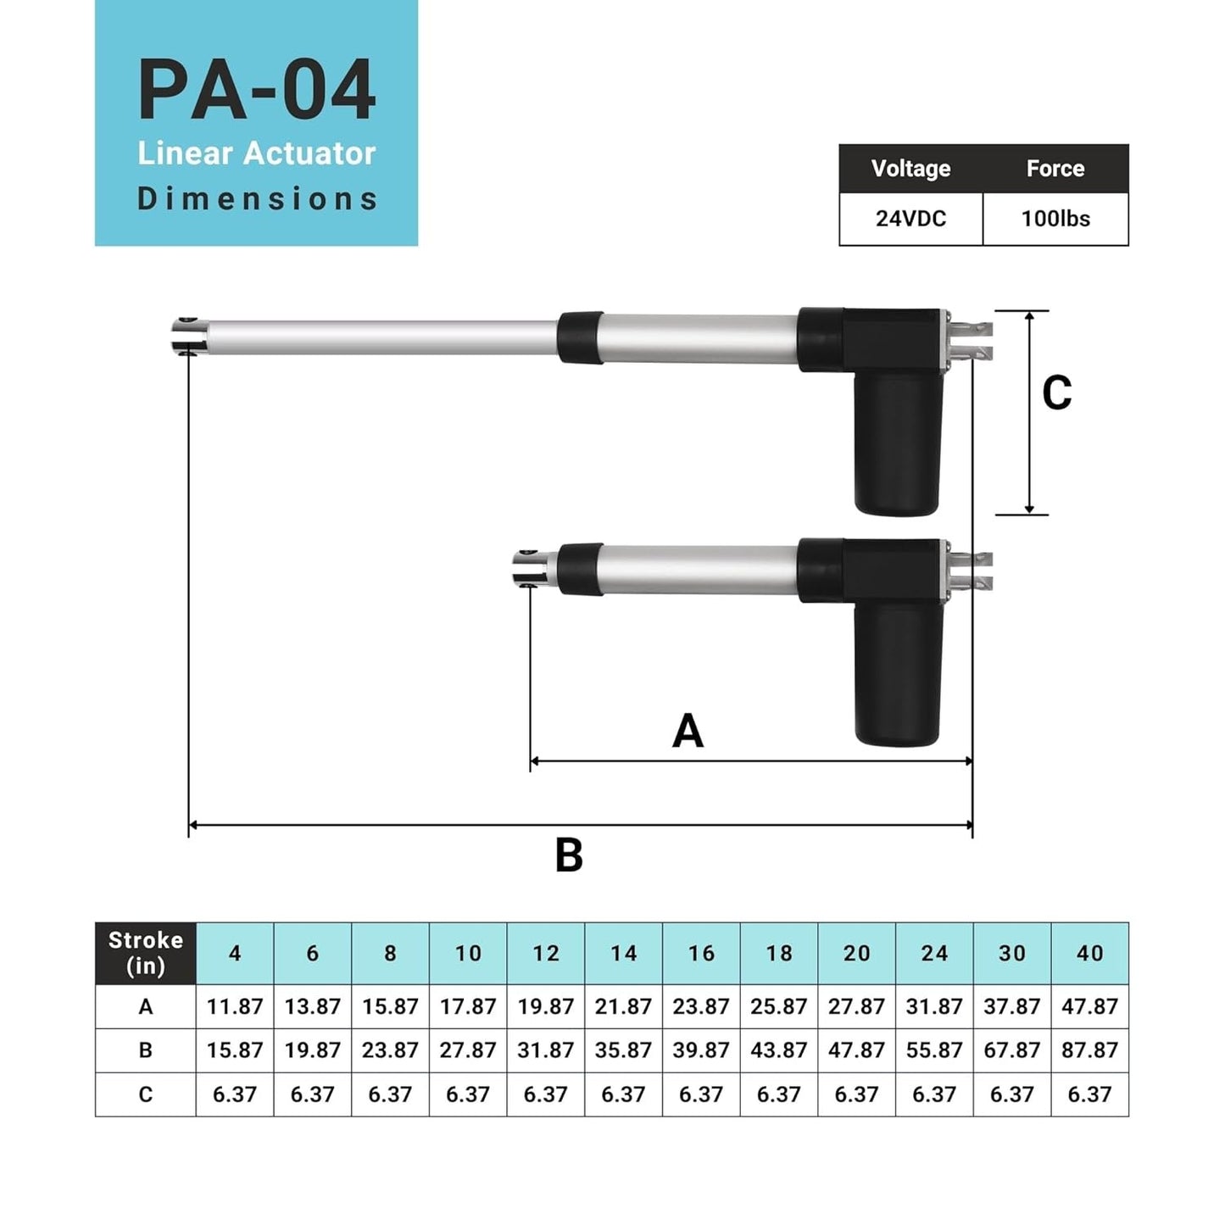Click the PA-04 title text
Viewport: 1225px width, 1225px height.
point(256,91)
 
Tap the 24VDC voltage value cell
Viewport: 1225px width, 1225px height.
point(910,219)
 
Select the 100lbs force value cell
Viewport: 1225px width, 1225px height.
point(1055,219)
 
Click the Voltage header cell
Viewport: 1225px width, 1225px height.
point(910,169)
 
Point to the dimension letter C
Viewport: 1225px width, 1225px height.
point(1056,393)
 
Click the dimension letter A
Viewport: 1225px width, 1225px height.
point(688,731)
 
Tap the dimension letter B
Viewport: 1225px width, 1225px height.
point(569,855)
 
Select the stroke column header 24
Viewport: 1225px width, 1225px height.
point(934,954)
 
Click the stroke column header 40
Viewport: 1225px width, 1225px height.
point(1089,954)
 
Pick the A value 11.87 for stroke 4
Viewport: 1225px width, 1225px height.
point(235,1006)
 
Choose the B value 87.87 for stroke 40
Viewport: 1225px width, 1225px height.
point(1089,1050)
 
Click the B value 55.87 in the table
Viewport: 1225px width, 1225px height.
point(934,1050)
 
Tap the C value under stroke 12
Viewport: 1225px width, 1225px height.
point(545,1094)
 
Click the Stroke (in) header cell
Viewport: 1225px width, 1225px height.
point(146,953)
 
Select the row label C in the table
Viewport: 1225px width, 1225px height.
point(146,1094)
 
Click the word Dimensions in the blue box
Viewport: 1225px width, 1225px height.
point(257,199)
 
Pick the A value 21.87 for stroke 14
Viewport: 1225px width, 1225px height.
point(623,1006)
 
